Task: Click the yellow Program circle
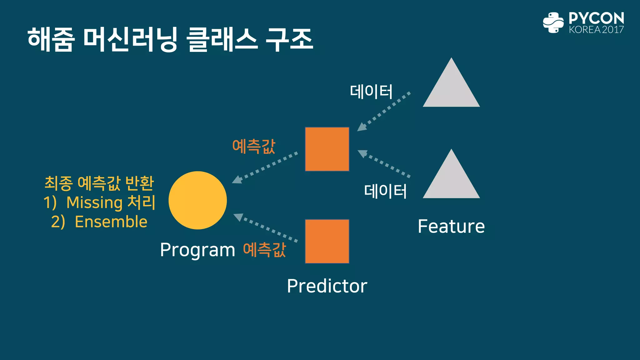(197, 200)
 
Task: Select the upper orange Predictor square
(327, 149)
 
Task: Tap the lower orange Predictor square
(327, 241)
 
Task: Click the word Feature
(451, 226)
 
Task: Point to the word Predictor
(327, 286)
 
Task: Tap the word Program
(197, 250)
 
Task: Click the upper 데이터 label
(371, 92)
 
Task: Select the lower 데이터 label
(385, 191)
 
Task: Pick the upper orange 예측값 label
(254, 146)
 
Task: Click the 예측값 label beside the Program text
(264, 250)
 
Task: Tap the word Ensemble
(111, 222)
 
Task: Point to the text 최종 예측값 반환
(99, 183)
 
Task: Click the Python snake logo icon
(553, 22)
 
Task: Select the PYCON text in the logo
(596, 18)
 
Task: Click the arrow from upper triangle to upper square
(384, 112)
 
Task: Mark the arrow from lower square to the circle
(266, 227)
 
